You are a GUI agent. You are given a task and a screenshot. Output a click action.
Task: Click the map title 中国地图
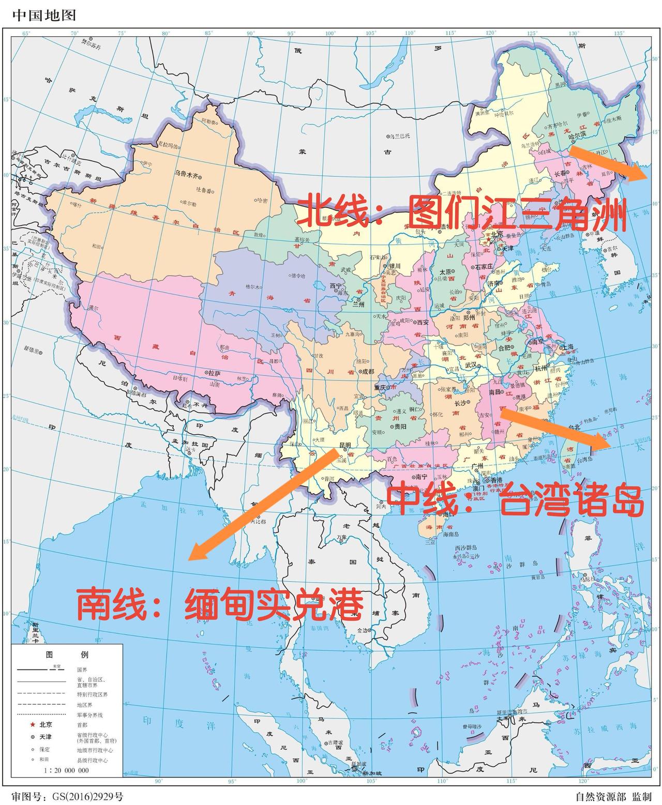pos(44,15)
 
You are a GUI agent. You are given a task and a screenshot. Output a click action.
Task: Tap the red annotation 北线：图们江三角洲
pos(462,212)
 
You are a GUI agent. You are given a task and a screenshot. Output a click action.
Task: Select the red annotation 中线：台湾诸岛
pos(516,500)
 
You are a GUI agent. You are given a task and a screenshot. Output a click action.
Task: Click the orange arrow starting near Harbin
pos(608,163)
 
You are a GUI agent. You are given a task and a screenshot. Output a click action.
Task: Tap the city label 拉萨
pos(214,372)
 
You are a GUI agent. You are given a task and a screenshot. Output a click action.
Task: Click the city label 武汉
pos(471,364)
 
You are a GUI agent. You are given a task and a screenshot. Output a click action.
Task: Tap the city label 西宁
pos(336,285)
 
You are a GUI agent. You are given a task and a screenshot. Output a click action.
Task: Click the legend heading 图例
pos(67,654)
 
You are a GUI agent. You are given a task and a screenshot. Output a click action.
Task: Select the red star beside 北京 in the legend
pos(33,724)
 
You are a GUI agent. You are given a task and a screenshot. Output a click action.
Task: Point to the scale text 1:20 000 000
pos(66,770)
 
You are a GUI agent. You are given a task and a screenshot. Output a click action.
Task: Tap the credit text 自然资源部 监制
pos(613,796)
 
